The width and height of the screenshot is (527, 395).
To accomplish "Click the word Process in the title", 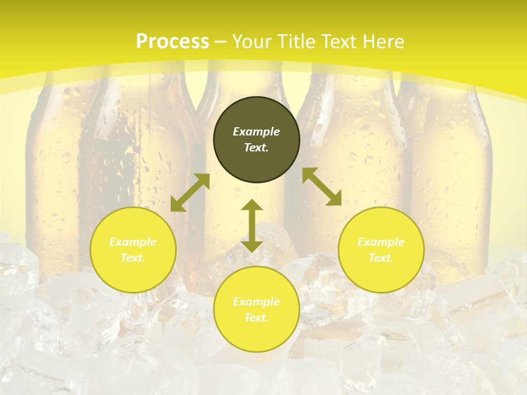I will click(172, 42).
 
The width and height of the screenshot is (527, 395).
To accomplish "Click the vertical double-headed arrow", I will click(252, 225).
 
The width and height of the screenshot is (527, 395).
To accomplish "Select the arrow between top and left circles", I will click(190, 193).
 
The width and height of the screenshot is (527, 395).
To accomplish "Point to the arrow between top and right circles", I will click(322, 187).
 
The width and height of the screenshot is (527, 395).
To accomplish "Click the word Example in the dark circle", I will click(256, 132).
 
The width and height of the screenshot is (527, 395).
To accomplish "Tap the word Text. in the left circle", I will click(133, 258).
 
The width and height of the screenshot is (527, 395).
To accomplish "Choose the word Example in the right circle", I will click(381, 242).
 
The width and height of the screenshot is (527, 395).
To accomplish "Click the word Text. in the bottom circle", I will click(256, 318).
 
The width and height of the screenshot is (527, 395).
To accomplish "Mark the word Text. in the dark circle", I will click(256, 148).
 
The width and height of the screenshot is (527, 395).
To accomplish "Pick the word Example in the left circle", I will click(133, 242).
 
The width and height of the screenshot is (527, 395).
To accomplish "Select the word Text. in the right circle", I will click(381, 258).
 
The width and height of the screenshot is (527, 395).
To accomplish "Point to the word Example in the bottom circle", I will click(256, 302).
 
